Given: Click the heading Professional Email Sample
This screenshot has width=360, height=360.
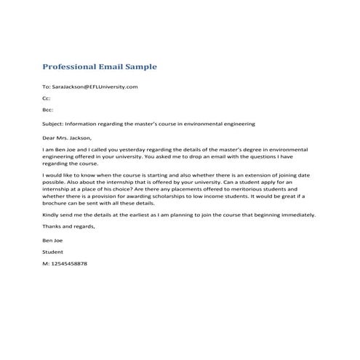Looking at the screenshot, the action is pyautogui.click(x=100, y=66).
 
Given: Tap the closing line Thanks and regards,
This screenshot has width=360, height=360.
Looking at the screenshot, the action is pyautogui.click(x=69, y=226).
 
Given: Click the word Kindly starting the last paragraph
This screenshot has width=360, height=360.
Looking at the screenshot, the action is pyautogui.click(x=51, y=215).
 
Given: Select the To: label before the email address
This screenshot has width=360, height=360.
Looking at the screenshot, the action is pyautogui.click(x=47, y=87).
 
